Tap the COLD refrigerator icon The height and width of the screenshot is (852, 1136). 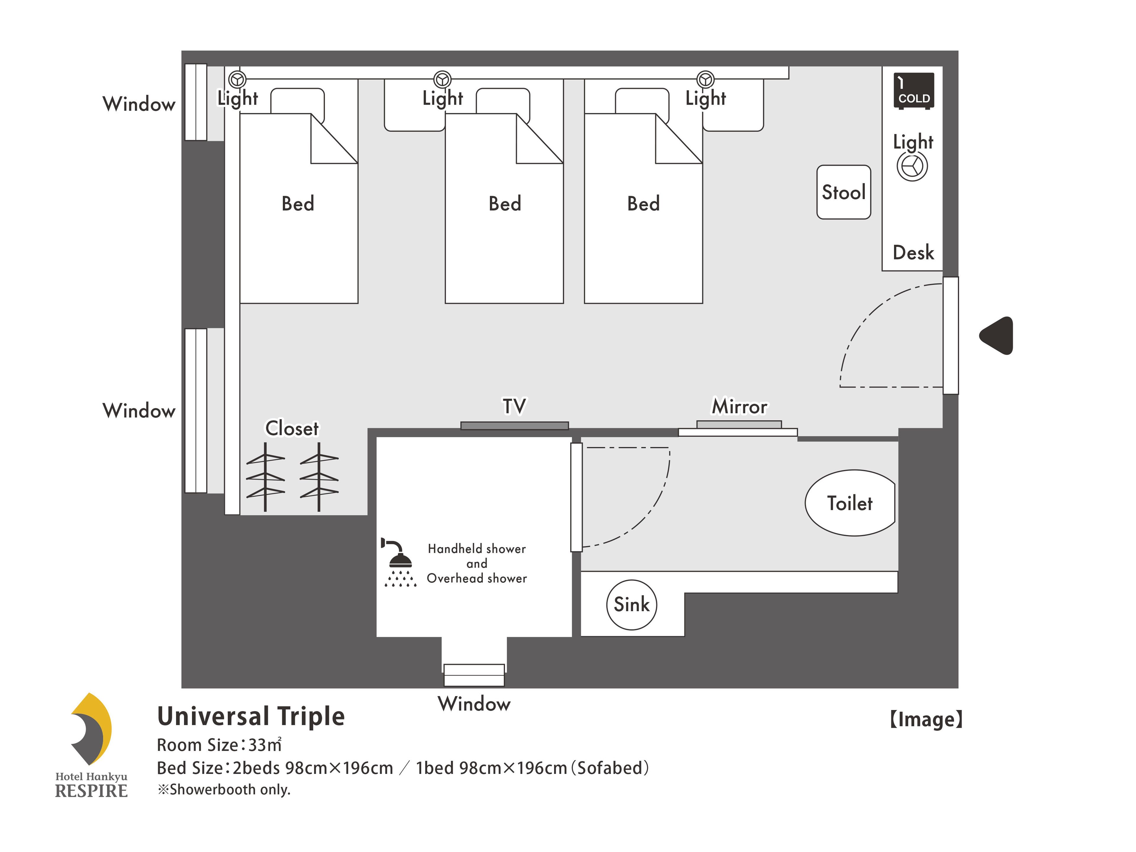click(x=913, y=91)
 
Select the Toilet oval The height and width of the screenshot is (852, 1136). click(x=850, y=503)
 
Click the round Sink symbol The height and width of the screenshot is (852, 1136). click(x=631, y=604)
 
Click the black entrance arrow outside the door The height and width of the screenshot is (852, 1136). click(x=997, y=335)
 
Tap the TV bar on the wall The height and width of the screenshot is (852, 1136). click(x=514, y=425)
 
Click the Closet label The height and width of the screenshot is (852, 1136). click(x=292, y=428)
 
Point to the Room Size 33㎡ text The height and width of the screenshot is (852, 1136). click(x=219, y=745)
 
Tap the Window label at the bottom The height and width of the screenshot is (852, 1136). click(x=474, y=703)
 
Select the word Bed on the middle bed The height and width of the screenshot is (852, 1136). click(x=504, y=204)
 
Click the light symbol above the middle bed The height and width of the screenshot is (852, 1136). click(x=442, y=80)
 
